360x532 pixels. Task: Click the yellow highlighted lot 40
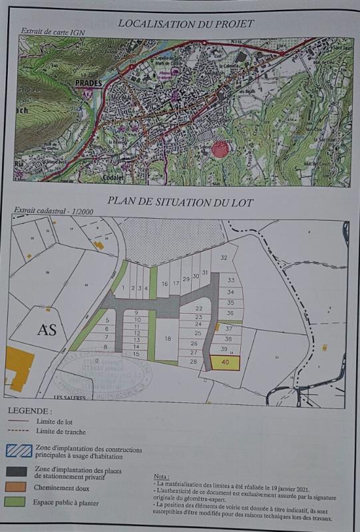(x=225, y=363)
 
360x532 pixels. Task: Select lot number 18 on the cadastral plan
(x=168, y=338)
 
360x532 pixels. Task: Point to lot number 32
(x=224, y=258)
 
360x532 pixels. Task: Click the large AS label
(x=47, y=330)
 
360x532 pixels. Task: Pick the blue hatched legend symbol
(x=19, y=450)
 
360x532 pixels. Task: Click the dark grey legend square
(x=19, y=473)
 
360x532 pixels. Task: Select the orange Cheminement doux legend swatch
(x=19, y=488)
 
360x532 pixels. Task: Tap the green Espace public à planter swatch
(x=19, y=503)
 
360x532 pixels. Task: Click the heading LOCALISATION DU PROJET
(x=186, y=24)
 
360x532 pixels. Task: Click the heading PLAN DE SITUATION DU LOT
(x=180, y=203)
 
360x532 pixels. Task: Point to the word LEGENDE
(x=29, y=412)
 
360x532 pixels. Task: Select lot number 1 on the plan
(x=123, y=288)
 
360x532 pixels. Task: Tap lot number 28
(x=192, y=361)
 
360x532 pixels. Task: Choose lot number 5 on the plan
(x=106, y=321)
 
